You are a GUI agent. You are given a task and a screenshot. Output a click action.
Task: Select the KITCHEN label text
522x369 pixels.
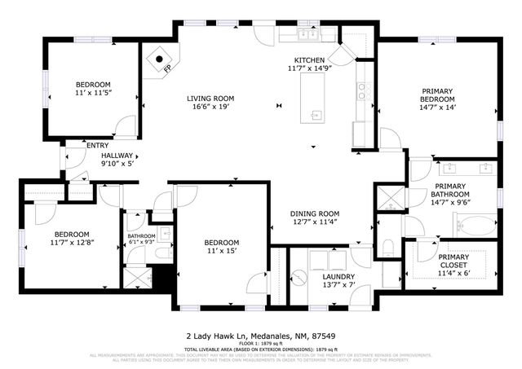pyautogui.click(x=310, y=59)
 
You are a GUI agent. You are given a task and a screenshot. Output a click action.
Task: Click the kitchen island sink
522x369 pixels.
pyautogui.click(x=316, y=114)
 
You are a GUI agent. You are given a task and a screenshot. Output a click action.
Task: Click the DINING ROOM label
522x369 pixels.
pyautogui.click(x=314, y=213)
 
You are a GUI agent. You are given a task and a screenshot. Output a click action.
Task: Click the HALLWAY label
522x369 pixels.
pyautogui.click(x=117, y=155)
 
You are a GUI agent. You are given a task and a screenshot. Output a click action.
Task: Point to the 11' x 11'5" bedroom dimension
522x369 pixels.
pyautogui.click(x=93, y=94)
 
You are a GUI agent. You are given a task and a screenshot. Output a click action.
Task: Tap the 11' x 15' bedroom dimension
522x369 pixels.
pyautogui.click(x=221, y=252)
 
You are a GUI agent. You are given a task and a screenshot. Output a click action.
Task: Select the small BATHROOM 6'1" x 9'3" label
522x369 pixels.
pyautogui.click(x=140, y=239)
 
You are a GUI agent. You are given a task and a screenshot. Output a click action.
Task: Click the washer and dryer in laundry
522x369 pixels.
pyautogui.click(x=330, y=260)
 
